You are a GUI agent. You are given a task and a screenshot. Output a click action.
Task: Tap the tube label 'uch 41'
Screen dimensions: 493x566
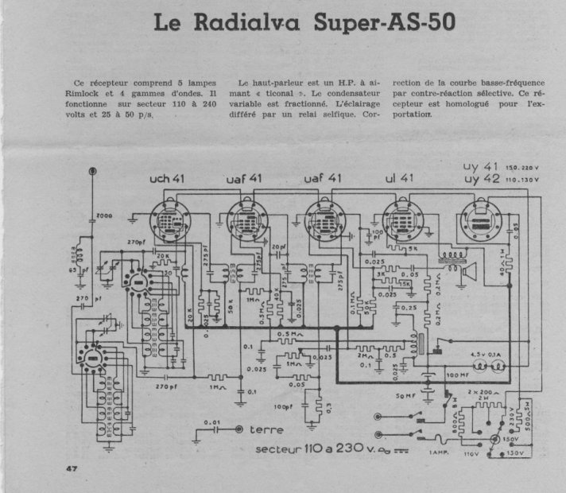coord(168,180)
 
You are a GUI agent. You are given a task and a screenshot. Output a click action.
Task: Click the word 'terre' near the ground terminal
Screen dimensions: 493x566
coord(266,430)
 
